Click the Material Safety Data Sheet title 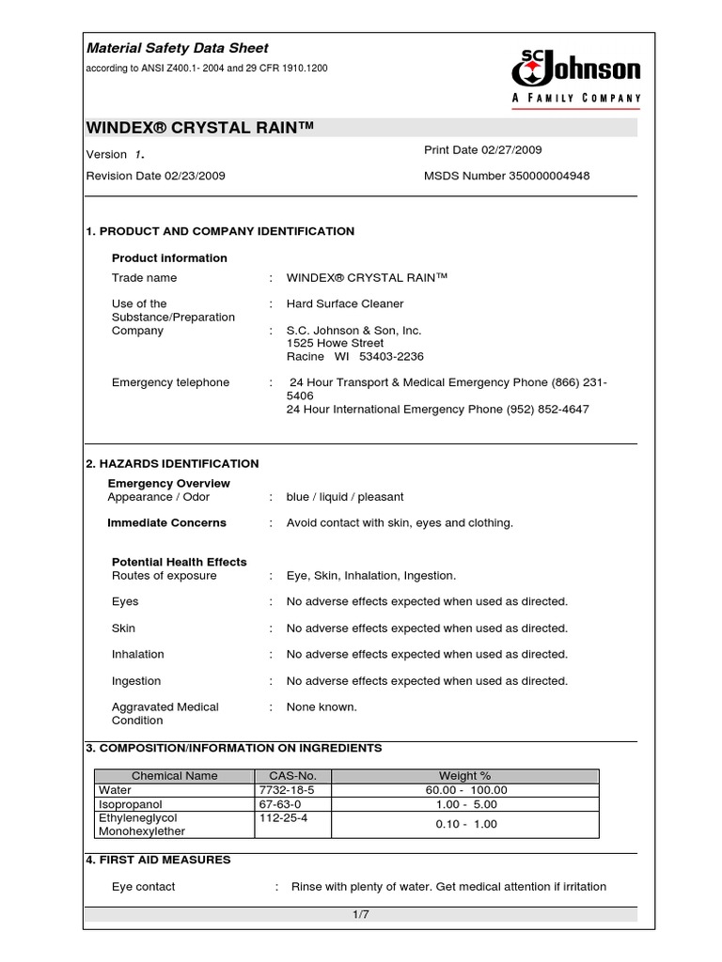(177, 48)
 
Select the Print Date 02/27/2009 (483, 150)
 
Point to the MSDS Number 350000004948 (508, 176)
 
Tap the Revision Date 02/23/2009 (155, 176)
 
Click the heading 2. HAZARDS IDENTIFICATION (172, 463)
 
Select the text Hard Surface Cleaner (345, 303)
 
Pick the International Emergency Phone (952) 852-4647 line (437, 410)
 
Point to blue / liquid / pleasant (345, 497)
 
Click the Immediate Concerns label (166, 522)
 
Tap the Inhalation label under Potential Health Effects (137, 654)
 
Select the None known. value (322, 706)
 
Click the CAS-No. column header (280, 776)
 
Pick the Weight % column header (465, 776)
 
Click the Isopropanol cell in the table (128, 804)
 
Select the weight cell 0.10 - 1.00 (466, 824)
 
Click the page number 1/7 (360, 915)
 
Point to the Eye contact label (143, 886)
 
